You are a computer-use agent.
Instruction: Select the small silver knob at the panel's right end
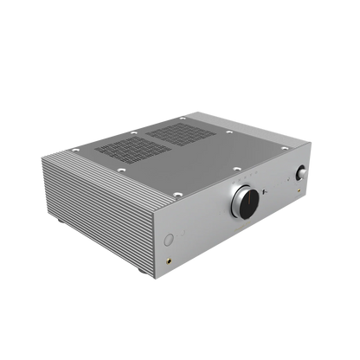coord(304,172)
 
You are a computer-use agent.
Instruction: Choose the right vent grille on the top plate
coord(183,133)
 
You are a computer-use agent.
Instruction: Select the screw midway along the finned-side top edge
coord(109,183)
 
